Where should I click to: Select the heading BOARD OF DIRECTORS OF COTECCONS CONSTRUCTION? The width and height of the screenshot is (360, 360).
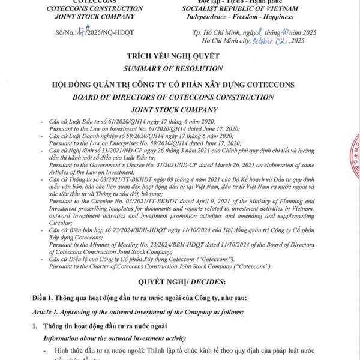179,97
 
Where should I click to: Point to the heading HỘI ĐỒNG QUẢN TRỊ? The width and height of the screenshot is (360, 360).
179,85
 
